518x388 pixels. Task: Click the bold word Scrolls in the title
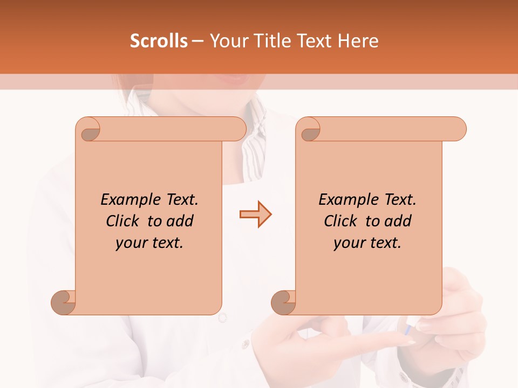[159, 41]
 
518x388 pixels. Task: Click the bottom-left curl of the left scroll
[64, 302]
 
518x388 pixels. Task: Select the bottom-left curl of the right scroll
[283, 302]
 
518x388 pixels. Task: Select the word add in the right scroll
[399, 221]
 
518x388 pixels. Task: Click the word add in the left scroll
[181, 221]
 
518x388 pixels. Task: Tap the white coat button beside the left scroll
[223, 318]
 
